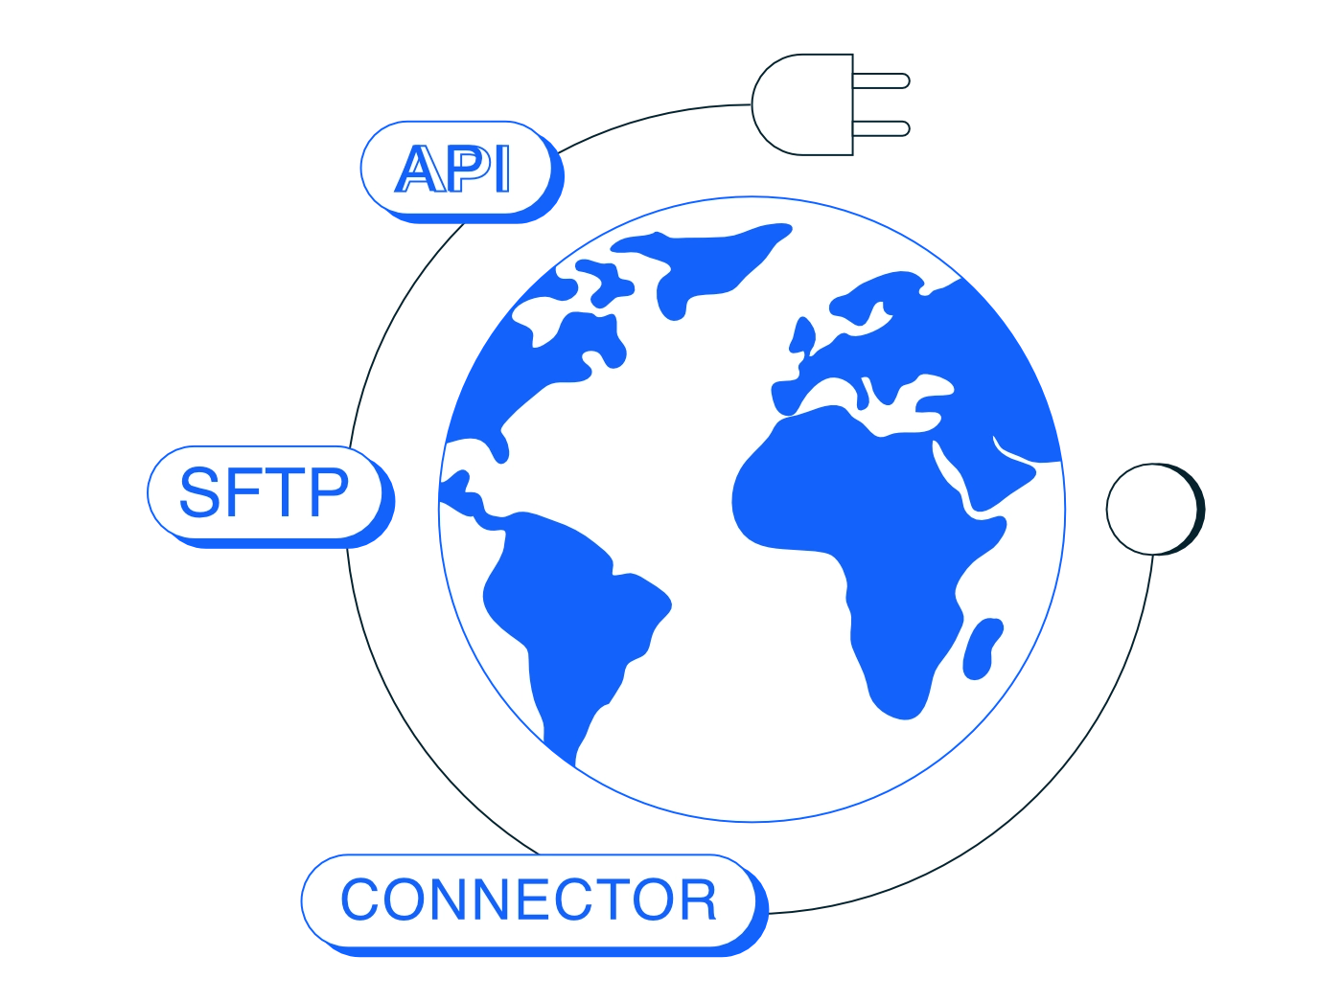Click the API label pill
coord(462,171)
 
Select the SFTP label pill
coord(271,496)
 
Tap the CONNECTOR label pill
coord(534,904)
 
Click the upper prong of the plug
coord(881,80)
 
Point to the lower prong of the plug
coord(881,128)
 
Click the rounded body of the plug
coord(802,104)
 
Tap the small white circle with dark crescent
coord(1155,509)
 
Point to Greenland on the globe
coord(703,262)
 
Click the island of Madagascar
coord(982,649)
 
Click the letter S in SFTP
coord(199,492)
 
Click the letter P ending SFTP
coord(330,492)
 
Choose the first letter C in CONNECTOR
coord(359,900)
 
